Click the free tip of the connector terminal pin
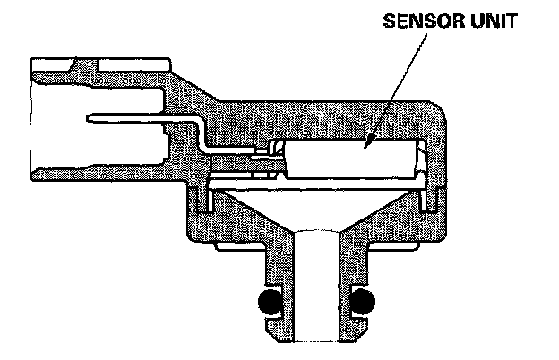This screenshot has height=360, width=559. [92, 118]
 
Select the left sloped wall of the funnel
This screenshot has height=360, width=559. [260, 215]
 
